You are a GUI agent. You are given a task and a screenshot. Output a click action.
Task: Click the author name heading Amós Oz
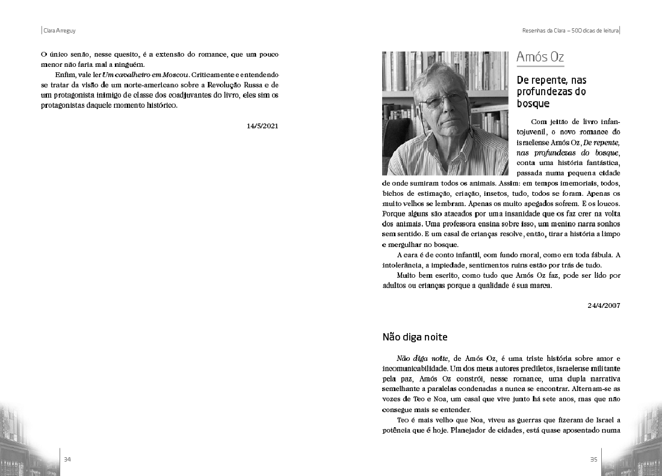click(x=540, y=58)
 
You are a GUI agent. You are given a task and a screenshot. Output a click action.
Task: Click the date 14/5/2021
click(x=262, y=126)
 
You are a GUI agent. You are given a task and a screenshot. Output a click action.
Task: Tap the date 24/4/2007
click(x=604, y=305)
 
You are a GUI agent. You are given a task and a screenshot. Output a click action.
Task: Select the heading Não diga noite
click(x=415, y=337)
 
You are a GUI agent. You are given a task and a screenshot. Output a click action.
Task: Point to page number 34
click(x=67, y=460)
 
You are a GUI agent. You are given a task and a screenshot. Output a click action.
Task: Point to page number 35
click(x=593, y=460)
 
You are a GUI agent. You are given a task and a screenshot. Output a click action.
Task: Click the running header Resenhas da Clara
click(x=545, y=30)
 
